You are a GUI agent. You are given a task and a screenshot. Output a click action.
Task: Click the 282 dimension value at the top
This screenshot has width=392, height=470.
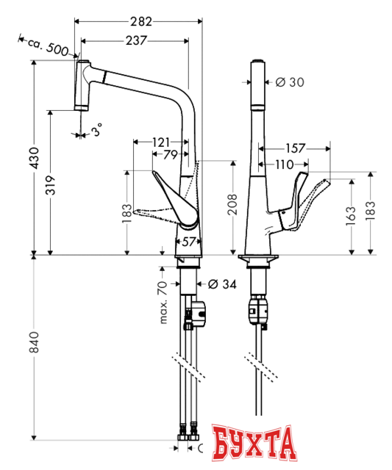[x=140, y=22]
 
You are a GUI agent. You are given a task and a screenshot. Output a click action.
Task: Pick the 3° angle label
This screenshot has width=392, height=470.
[x=97, y=131]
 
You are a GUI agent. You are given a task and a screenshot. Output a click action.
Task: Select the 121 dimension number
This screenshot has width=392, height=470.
[x=163, y=142]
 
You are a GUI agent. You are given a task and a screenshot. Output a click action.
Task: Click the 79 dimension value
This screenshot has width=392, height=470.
[x=169, y=154]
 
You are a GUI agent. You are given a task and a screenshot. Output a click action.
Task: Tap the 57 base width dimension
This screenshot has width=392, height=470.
[x=188, y=241]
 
